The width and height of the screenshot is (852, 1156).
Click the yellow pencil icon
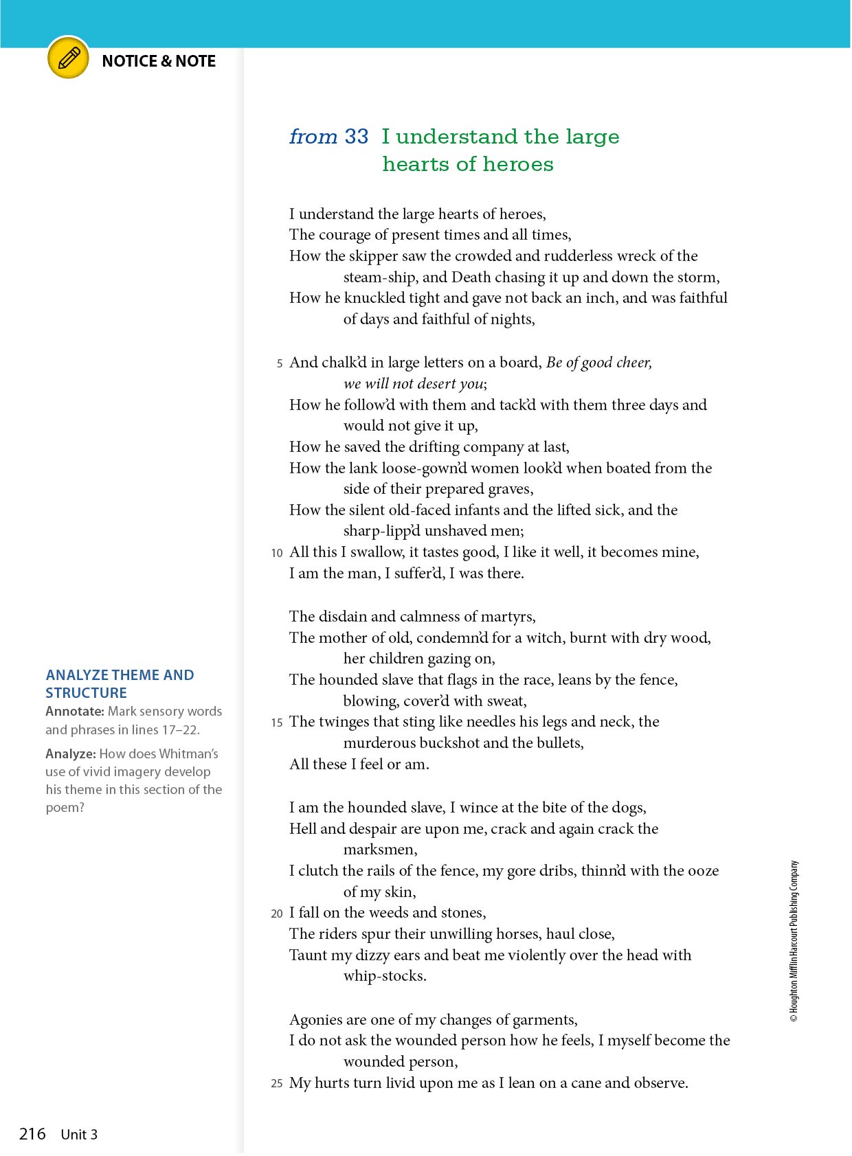click(68, 58)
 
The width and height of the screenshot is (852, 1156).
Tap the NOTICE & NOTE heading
click(159, 61)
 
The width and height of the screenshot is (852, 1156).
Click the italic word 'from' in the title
click(313, 137)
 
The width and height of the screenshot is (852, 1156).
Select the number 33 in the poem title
click(357, 137)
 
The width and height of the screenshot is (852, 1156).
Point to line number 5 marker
click(280, 363)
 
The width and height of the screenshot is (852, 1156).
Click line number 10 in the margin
click(277, 553)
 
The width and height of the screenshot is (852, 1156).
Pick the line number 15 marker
click(277, 723)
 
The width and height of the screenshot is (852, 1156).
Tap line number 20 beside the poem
click(277, 914)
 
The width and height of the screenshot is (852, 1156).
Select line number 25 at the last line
click(277, 1084)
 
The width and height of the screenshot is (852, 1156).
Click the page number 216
click(32, 1134)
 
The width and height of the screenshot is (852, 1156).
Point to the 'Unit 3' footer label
click(79, 1135)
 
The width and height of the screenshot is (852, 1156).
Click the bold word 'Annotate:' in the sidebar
click(75, 712)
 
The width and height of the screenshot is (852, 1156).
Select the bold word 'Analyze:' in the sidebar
click(71, 754)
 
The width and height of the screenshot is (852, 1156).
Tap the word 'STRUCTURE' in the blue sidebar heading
click(87, 693)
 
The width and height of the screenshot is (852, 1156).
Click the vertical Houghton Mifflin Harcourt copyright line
click(794, 941)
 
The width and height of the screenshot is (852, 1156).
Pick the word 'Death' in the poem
click(471, 277)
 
